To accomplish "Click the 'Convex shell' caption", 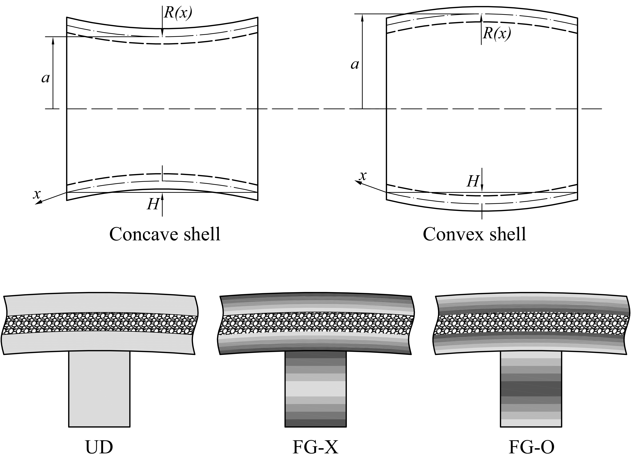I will (x=474, y=234).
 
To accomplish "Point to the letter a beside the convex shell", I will (x=354, y=65).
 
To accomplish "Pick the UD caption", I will (x=99, y=448).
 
